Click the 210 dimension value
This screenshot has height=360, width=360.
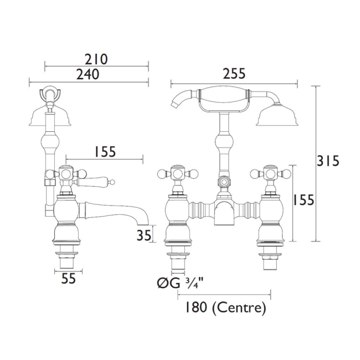coord(96,59)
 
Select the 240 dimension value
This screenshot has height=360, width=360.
coord(88,74)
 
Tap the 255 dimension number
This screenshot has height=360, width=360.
coord(234,74)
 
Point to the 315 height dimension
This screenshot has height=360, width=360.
coord(328,161)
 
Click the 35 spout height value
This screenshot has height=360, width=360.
coord(144,235)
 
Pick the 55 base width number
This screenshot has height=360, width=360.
coord(69,279)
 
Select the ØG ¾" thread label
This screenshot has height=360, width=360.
coord(181,283)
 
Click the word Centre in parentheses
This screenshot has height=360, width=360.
coord(239,307)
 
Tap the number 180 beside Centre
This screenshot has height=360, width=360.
coord(196,307)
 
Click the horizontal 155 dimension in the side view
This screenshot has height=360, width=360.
coord(105,152)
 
